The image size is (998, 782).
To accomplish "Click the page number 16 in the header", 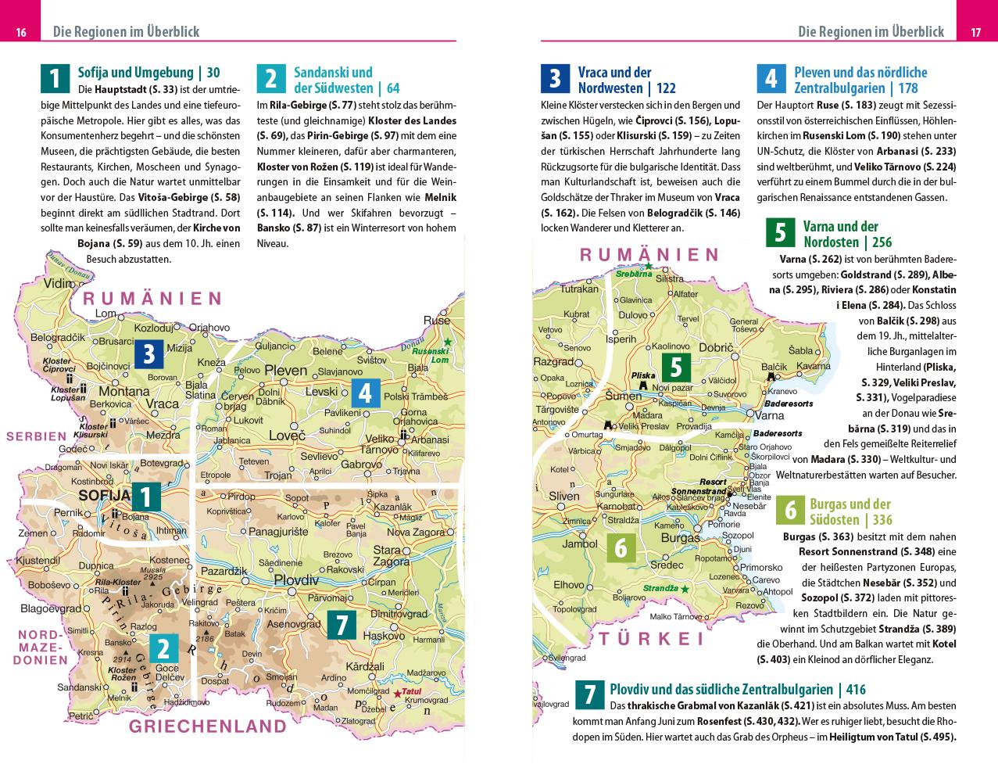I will tap(21, 32).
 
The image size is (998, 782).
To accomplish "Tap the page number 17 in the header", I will tap(975, 32).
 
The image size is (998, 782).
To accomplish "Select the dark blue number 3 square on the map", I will tap(148, 354).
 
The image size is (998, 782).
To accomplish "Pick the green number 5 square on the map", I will tap(676, 367).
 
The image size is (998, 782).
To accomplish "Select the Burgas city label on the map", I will tap(680, 538).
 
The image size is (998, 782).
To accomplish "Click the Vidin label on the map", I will tap(59, 284).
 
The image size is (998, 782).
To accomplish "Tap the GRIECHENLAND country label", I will tap(208, 726).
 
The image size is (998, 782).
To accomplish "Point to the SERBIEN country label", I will tap(37, 436).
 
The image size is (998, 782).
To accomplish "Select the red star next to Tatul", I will tap(397, 693).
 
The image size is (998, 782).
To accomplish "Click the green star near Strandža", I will tap(685, 589).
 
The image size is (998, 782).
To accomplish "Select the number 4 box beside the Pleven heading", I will tap(771, 79).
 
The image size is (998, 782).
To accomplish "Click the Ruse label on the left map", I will tap(437, 321).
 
